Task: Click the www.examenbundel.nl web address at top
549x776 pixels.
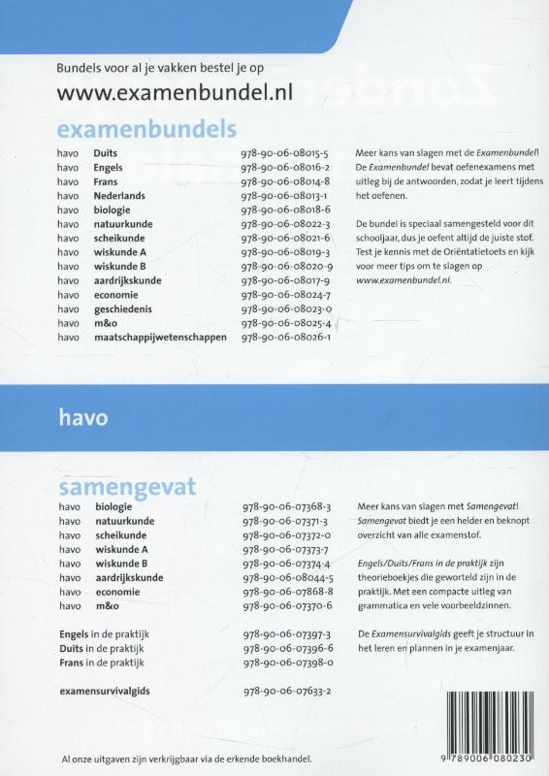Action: (x=175, y=93)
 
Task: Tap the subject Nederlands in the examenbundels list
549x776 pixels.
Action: (x=118, y=195)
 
